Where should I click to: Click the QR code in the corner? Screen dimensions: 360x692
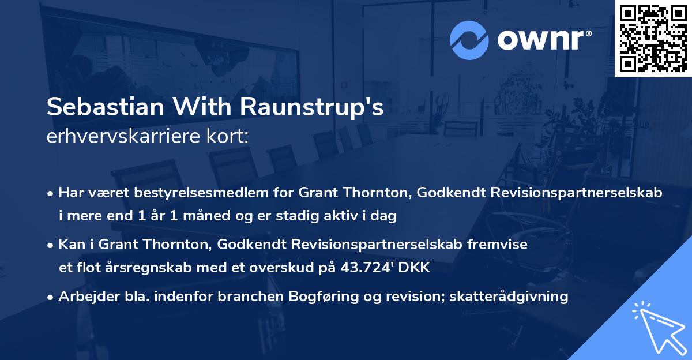(653, 38)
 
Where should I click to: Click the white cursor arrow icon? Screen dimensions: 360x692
(659, 327)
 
